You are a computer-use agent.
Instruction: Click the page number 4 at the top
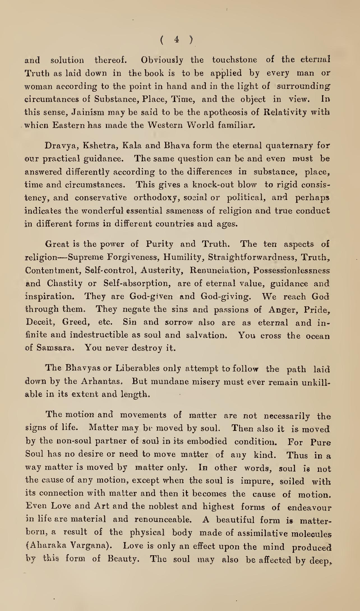pyautogui.click(x=176, y=40)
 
